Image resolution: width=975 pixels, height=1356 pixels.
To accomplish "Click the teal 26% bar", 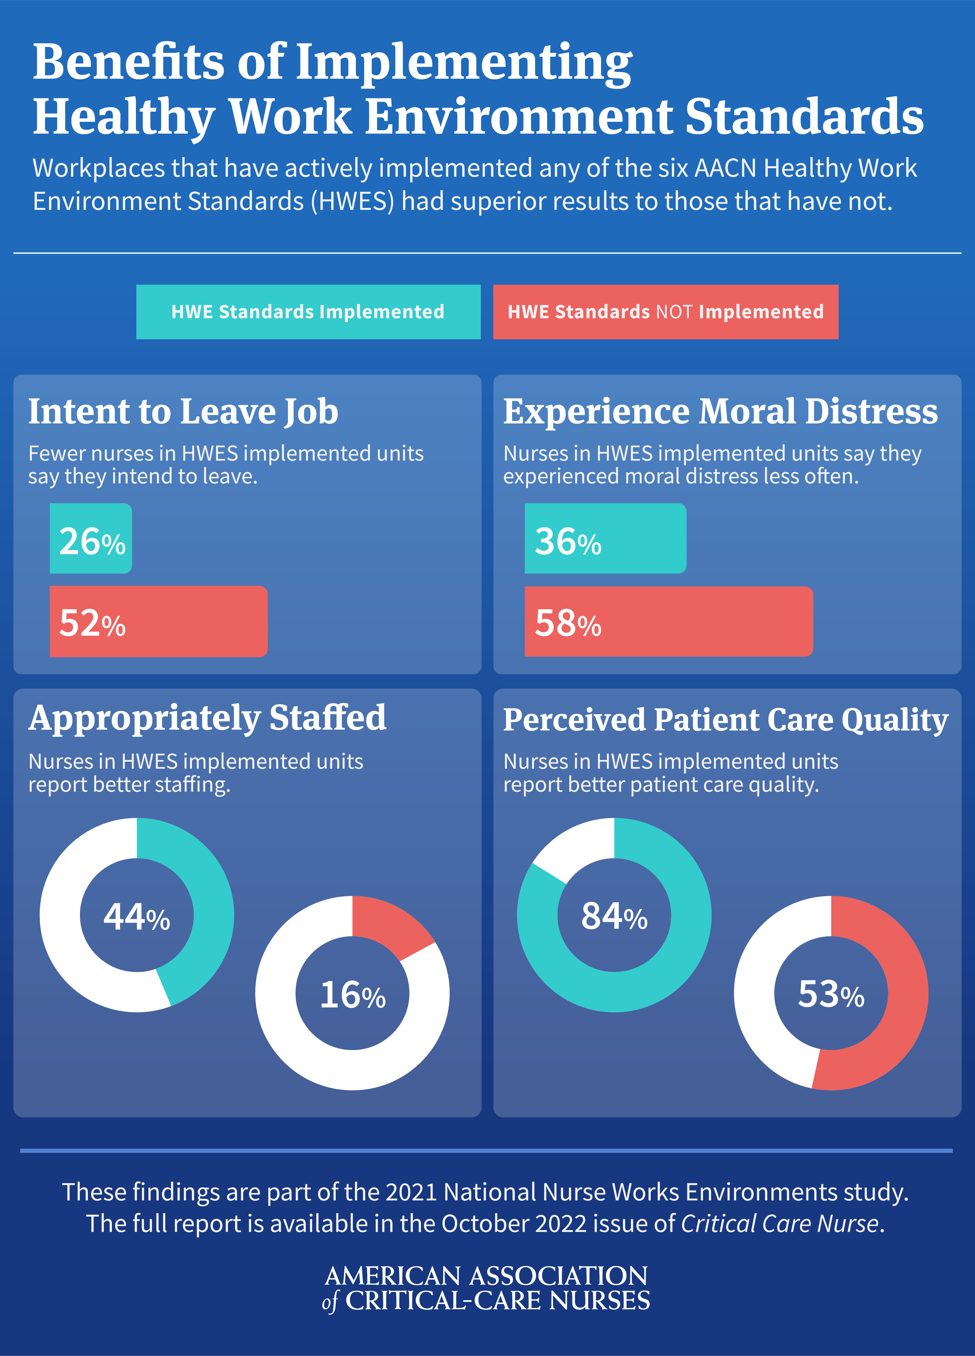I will (91, 539).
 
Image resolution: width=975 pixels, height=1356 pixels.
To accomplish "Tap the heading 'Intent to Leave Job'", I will (183, 412).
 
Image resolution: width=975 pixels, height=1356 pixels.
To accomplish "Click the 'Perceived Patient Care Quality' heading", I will (726, 720).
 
